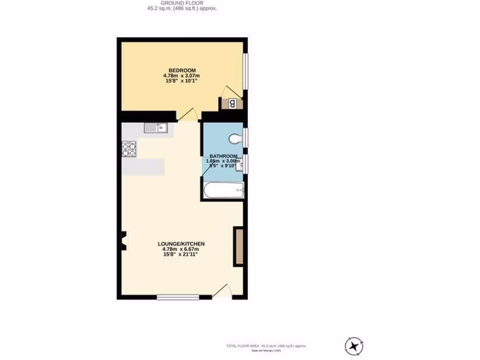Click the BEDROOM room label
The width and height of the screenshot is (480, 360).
tap(182, 70)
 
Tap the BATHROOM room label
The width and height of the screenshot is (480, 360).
tap(223, 156)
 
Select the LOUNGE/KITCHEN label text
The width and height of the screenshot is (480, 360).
tap(181, 244)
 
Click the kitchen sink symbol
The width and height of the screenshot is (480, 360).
tap(155, 127)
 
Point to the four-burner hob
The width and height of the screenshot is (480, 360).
tap(129, 149)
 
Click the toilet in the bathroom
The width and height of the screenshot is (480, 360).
tap(236, 138)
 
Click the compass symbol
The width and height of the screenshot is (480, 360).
tap(354, 346)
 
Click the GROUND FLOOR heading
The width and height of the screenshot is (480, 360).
tap(182, 3)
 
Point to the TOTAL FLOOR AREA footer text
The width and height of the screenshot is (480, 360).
tap(266, 346)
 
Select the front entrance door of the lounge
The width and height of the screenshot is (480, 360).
tap(222, 292)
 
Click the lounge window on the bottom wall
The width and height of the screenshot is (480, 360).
tap(178, 297)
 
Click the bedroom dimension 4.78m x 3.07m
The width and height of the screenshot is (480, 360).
tap(182, 75)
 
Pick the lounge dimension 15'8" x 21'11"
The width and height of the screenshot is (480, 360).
tap(181, 255)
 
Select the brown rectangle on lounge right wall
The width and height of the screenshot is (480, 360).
tap(239, 247)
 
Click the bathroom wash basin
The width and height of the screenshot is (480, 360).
tap(239, 165)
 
